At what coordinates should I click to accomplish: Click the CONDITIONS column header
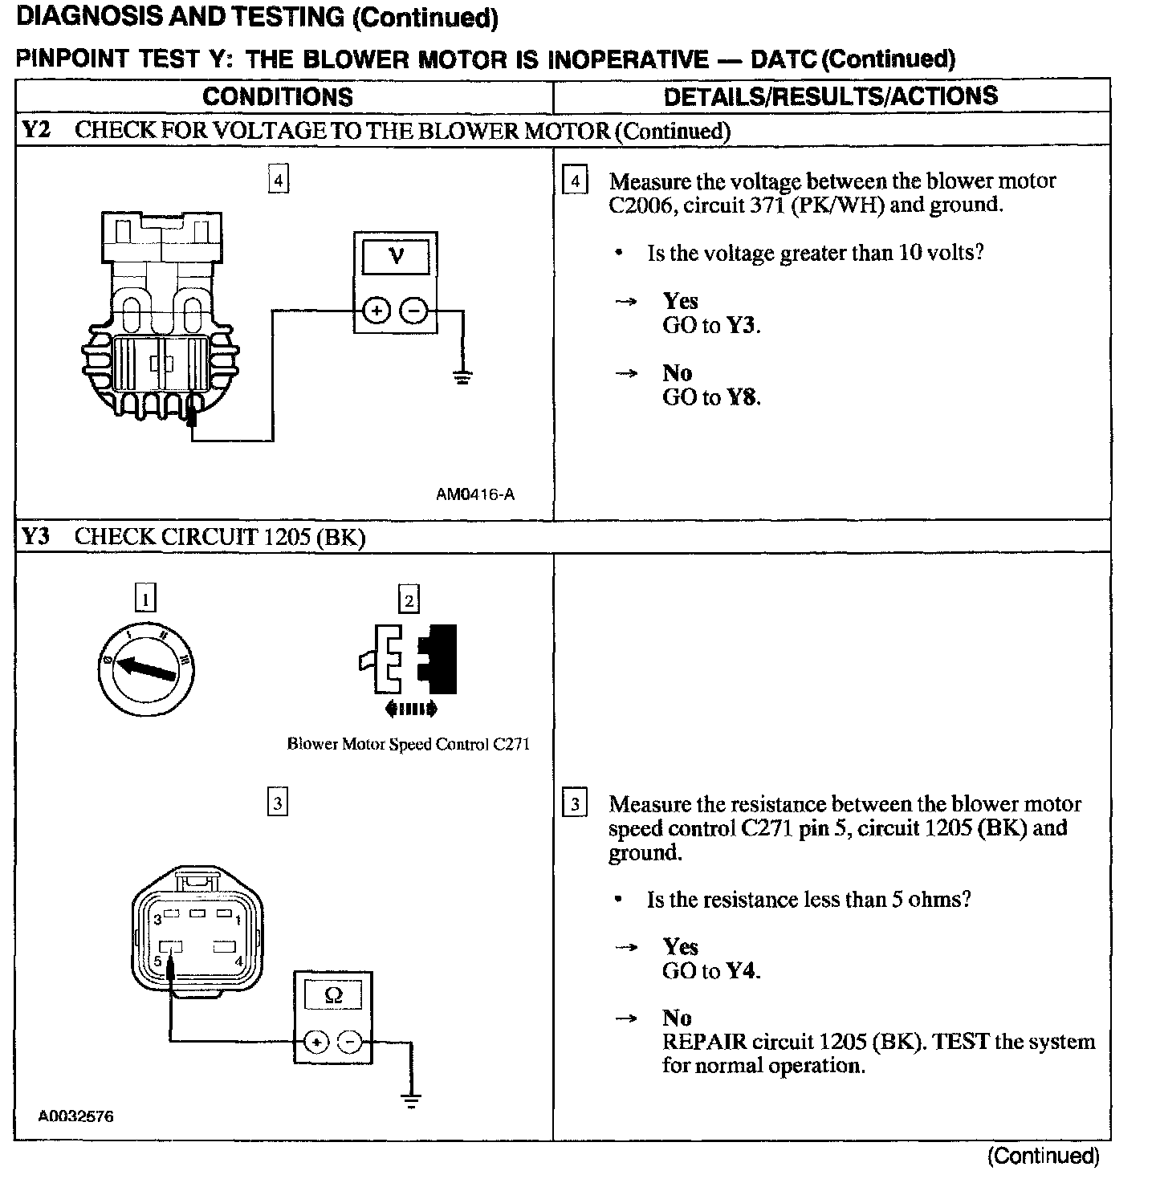pos(278,97)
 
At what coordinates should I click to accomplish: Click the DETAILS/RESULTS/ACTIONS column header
pos(831,96)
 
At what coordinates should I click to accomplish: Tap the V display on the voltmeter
pos(396,257)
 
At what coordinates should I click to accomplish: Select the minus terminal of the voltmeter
pos(414,310)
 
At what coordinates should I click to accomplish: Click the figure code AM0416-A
pos(475,494)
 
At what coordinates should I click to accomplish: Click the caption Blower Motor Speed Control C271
pos(409,744)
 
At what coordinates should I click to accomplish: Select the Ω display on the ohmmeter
pos(333,996)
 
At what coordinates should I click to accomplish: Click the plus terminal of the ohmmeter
pos(316,1043)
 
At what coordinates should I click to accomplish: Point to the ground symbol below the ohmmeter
pos(411,1100)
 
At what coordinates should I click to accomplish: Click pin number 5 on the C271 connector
pos(158,961)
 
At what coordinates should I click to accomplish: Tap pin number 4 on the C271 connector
pos(238,960)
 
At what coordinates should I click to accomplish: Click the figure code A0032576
pos(76,1116)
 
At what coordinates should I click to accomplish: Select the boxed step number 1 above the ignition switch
pos(144,598)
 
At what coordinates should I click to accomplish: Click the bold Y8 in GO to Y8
pos(742,397)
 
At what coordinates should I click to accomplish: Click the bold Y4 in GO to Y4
pos(742,971)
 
